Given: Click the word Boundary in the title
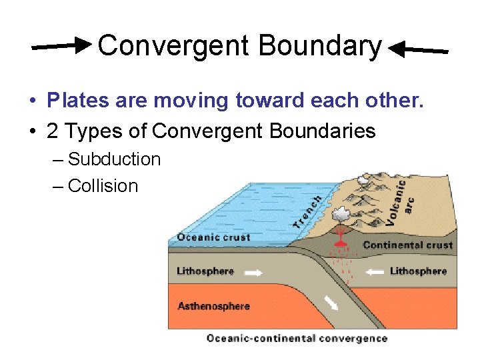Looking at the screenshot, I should click(x=319, y=46).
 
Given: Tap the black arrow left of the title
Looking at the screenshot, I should click(x=62, y=46).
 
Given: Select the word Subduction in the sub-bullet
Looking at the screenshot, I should click(x=114, y=159).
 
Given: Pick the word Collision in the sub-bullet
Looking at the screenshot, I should click(x=103, y=186).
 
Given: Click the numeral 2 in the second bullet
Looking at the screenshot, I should click(x=53, y=131).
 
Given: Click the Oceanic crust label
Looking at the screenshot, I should click(x=213, y=237).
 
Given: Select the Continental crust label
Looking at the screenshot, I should click(x=408, y=245).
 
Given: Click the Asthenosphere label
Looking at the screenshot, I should click(x=213, y=306).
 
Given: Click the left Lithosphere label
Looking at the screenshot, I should click(x=205, y=271).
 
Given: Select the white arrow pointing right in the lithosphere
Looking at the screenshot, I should click(x=253, y=272).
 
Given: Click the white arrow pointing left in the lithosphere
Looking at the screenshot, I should click(x=374, y=271).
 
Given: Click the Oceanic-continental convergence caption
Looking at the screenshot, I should click(x=297, y=338).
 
